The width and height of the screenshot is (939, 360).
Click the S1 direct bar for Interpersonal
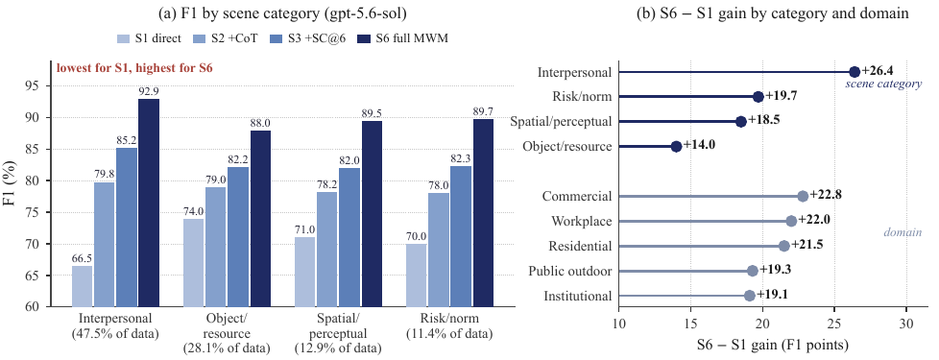(82, 286)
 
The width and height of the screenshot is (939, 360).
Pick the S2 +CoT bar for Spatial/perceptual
(327, 250)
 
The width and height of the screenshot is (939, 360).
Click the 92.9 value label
(149, 91)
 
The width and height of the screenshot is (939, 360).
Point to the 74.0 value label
(193, 211)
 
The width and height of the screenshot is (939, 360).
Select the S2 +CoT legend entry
(229, 39)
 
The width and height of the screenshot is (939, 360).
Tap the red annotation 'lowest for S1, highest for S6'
(134, 68)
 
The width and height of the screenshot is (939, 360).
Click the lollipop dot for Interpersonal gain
(855, 72)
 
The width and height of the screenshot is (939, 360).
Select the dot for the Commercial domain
(803, 197)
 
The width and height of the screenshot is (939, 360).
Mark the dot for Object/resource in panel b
(676, 147)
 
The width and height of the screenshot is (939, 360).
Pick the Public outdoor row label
(570, 272)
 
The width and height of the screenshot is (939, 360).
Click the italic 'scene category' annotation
(883, 84)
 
